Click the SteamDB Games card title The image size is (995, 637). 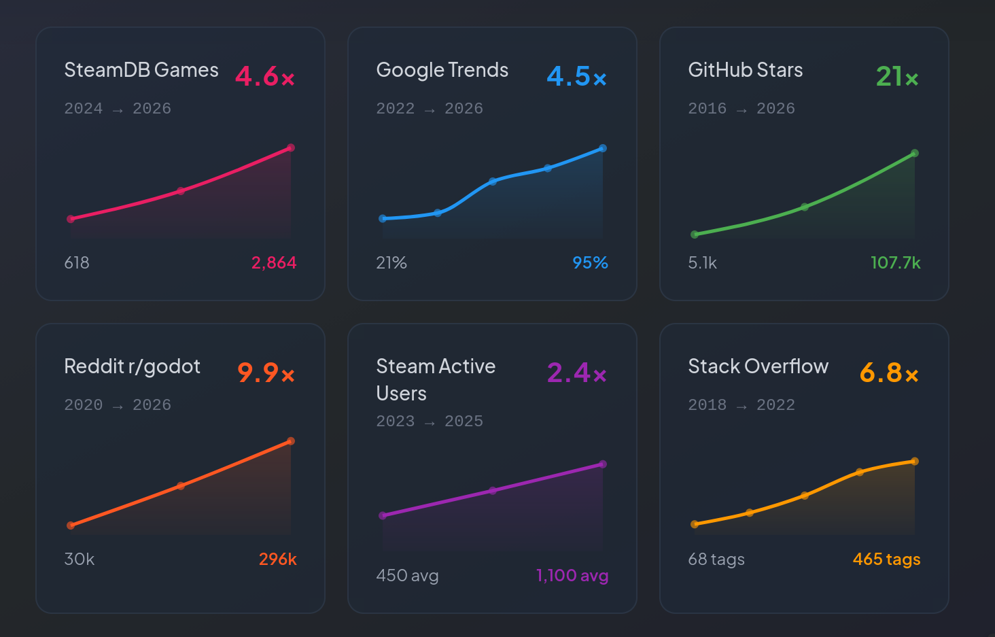141,70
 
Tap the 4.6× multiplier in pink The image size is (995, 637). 264,76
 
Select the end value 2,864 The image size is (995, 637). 274,262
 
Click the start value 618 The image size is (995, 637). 77,262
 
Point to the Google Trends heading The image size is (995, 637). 442,70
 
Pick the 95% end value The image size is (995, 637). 590,262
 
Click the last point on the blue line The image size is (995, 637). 603,148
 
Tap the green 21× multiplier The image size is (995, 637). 896,76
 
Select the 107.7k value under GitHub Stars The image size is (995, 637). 895,262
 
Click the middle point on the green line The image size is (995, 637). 805,207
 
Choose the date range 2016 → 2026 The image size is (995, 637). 741,108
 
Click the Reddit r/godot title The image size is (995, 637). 132,366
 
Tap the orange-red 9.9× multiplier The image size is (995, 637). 266,373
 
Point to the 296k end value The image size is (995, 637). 277,559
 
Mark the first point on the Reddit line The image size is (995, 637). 71,526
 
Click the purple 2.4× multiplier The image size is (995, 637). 576,373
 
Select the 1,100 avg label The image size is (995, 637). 572,575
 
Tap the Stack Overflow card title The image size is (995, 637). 758,366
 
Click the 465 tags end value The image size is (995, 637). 886,559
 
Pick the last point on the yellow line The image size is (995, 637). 915,462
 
